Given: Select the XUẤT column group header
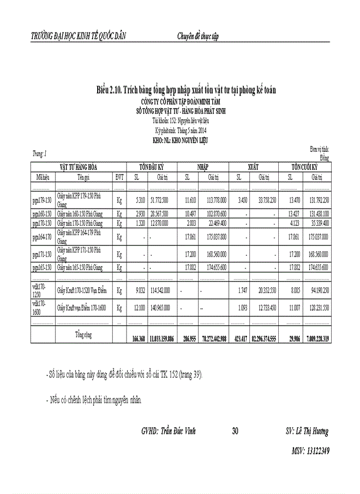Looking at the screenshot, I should click(x=253, y=168).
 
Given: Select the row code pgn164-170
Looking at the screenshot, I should click(x=42, y=237).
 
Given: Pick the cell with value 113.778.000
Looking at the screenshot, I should click(x=217, y=200).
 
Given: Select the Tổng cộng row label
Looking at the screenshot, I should click(x=83, y=334).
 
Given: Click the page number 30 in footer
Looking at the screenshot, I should click(x=235, y=431).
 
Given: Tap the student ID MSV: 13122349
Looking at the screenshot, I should click(x=310, y=451).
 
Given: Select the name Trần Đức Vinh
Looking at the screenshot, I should click(x=177, y=431).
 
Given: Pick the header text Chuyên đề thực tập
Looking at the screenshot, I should click(x=198, y=37).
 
